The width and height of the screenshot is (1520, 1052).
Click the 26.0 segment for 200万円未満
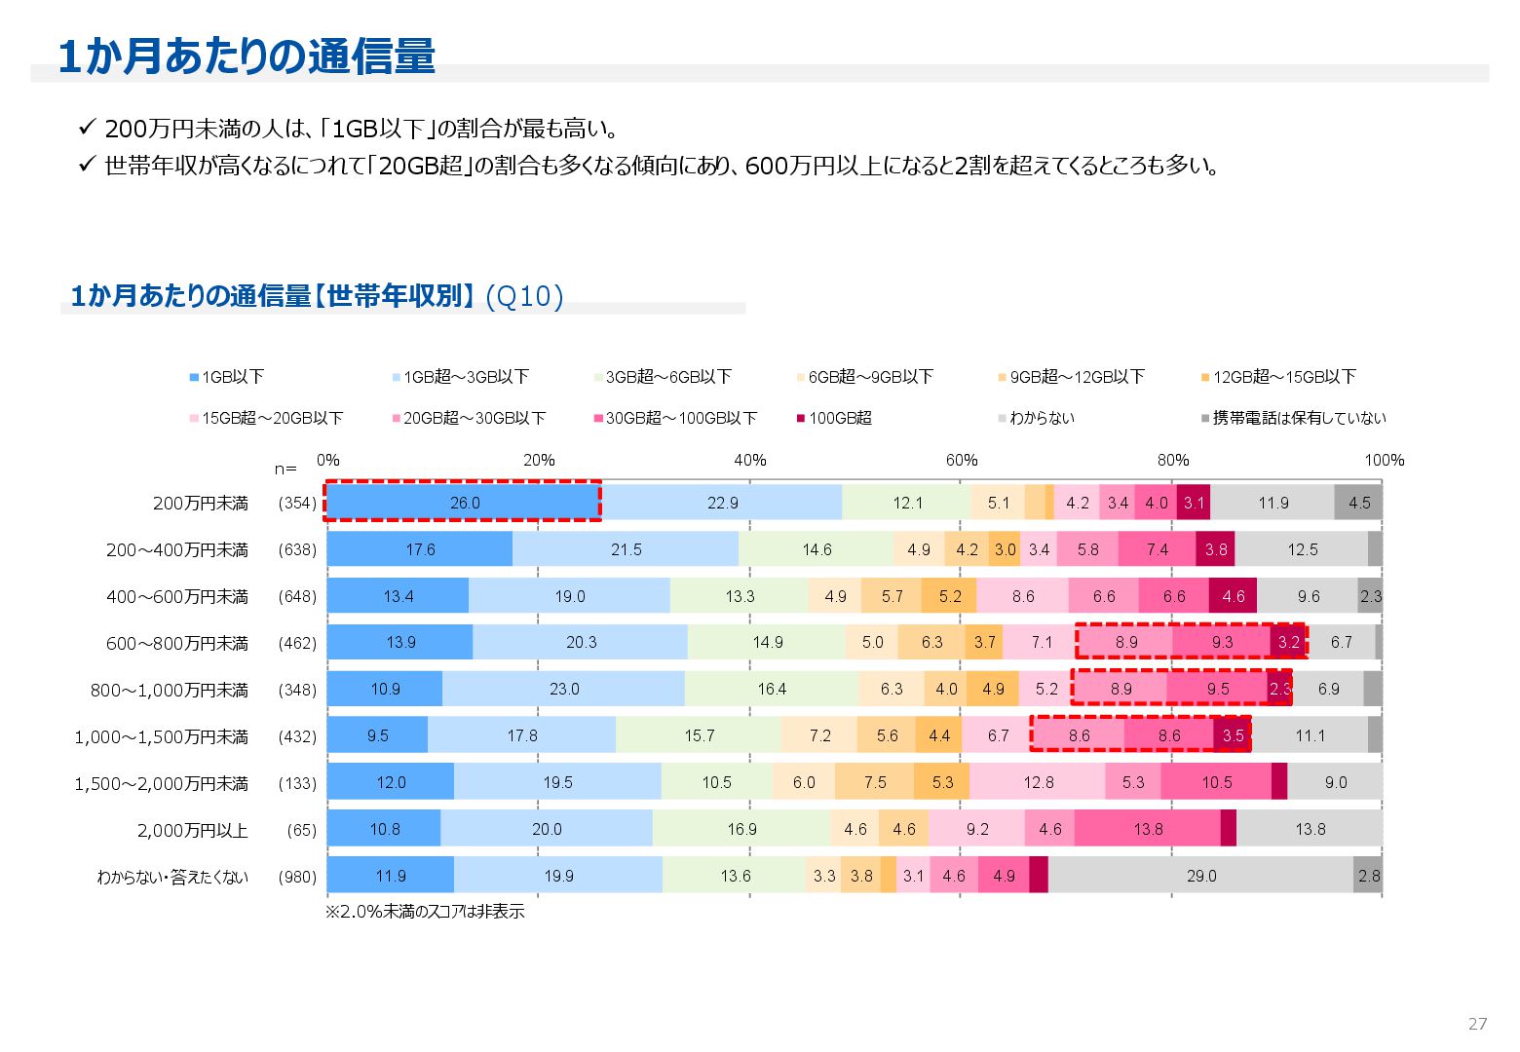click(x=465, y=503)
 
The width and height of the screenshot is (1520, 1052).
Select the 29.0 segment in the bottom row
click(x=1200, y=876)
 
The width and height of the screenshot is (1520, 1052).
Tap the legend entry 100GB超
click(x=839, y=418)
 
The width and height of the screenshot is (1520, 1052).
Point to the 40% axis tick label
click(x=749, y=460)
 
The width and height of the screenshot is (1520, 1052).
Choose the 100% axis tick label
click(x=1384, y=460)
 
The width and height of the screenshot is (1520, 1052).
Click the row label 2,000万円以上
click(x=192, y=830)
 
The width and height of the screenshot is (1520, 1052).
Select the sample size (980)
click(x=297, y=877)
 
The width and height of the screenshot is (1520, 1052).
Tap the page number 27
click(x=1477, y=1024)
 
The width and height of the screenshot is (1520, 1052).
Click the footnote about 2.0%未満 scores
click(x=425, y=912)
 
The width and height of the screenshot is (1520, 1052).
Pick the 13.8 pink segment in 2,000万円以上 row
click(x=1148, y=829)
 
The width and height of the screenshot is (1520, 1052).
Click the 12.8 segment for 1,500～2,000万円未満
click(x=1038, y=782)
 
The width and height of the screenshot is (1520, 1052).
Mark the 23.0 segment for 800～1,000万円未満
click(x=564, y=689)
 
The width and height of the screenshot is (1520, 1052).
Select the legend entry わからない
click(x=1041, y=418)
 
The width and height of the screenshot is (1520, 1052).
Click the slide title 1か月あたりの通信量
click(x=247, y=56)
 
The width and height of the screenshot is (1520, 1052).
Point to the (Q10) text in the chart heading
click(x=524, y=296)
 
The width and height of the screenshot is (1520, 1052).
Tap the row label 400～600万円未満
click(x=177, y=596)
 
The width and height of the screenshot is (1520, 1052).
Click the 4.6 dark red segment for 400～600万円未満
click(x=1233, y=596)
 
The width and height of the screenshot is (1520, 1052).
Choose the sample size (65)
click(x=301, y=830)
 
